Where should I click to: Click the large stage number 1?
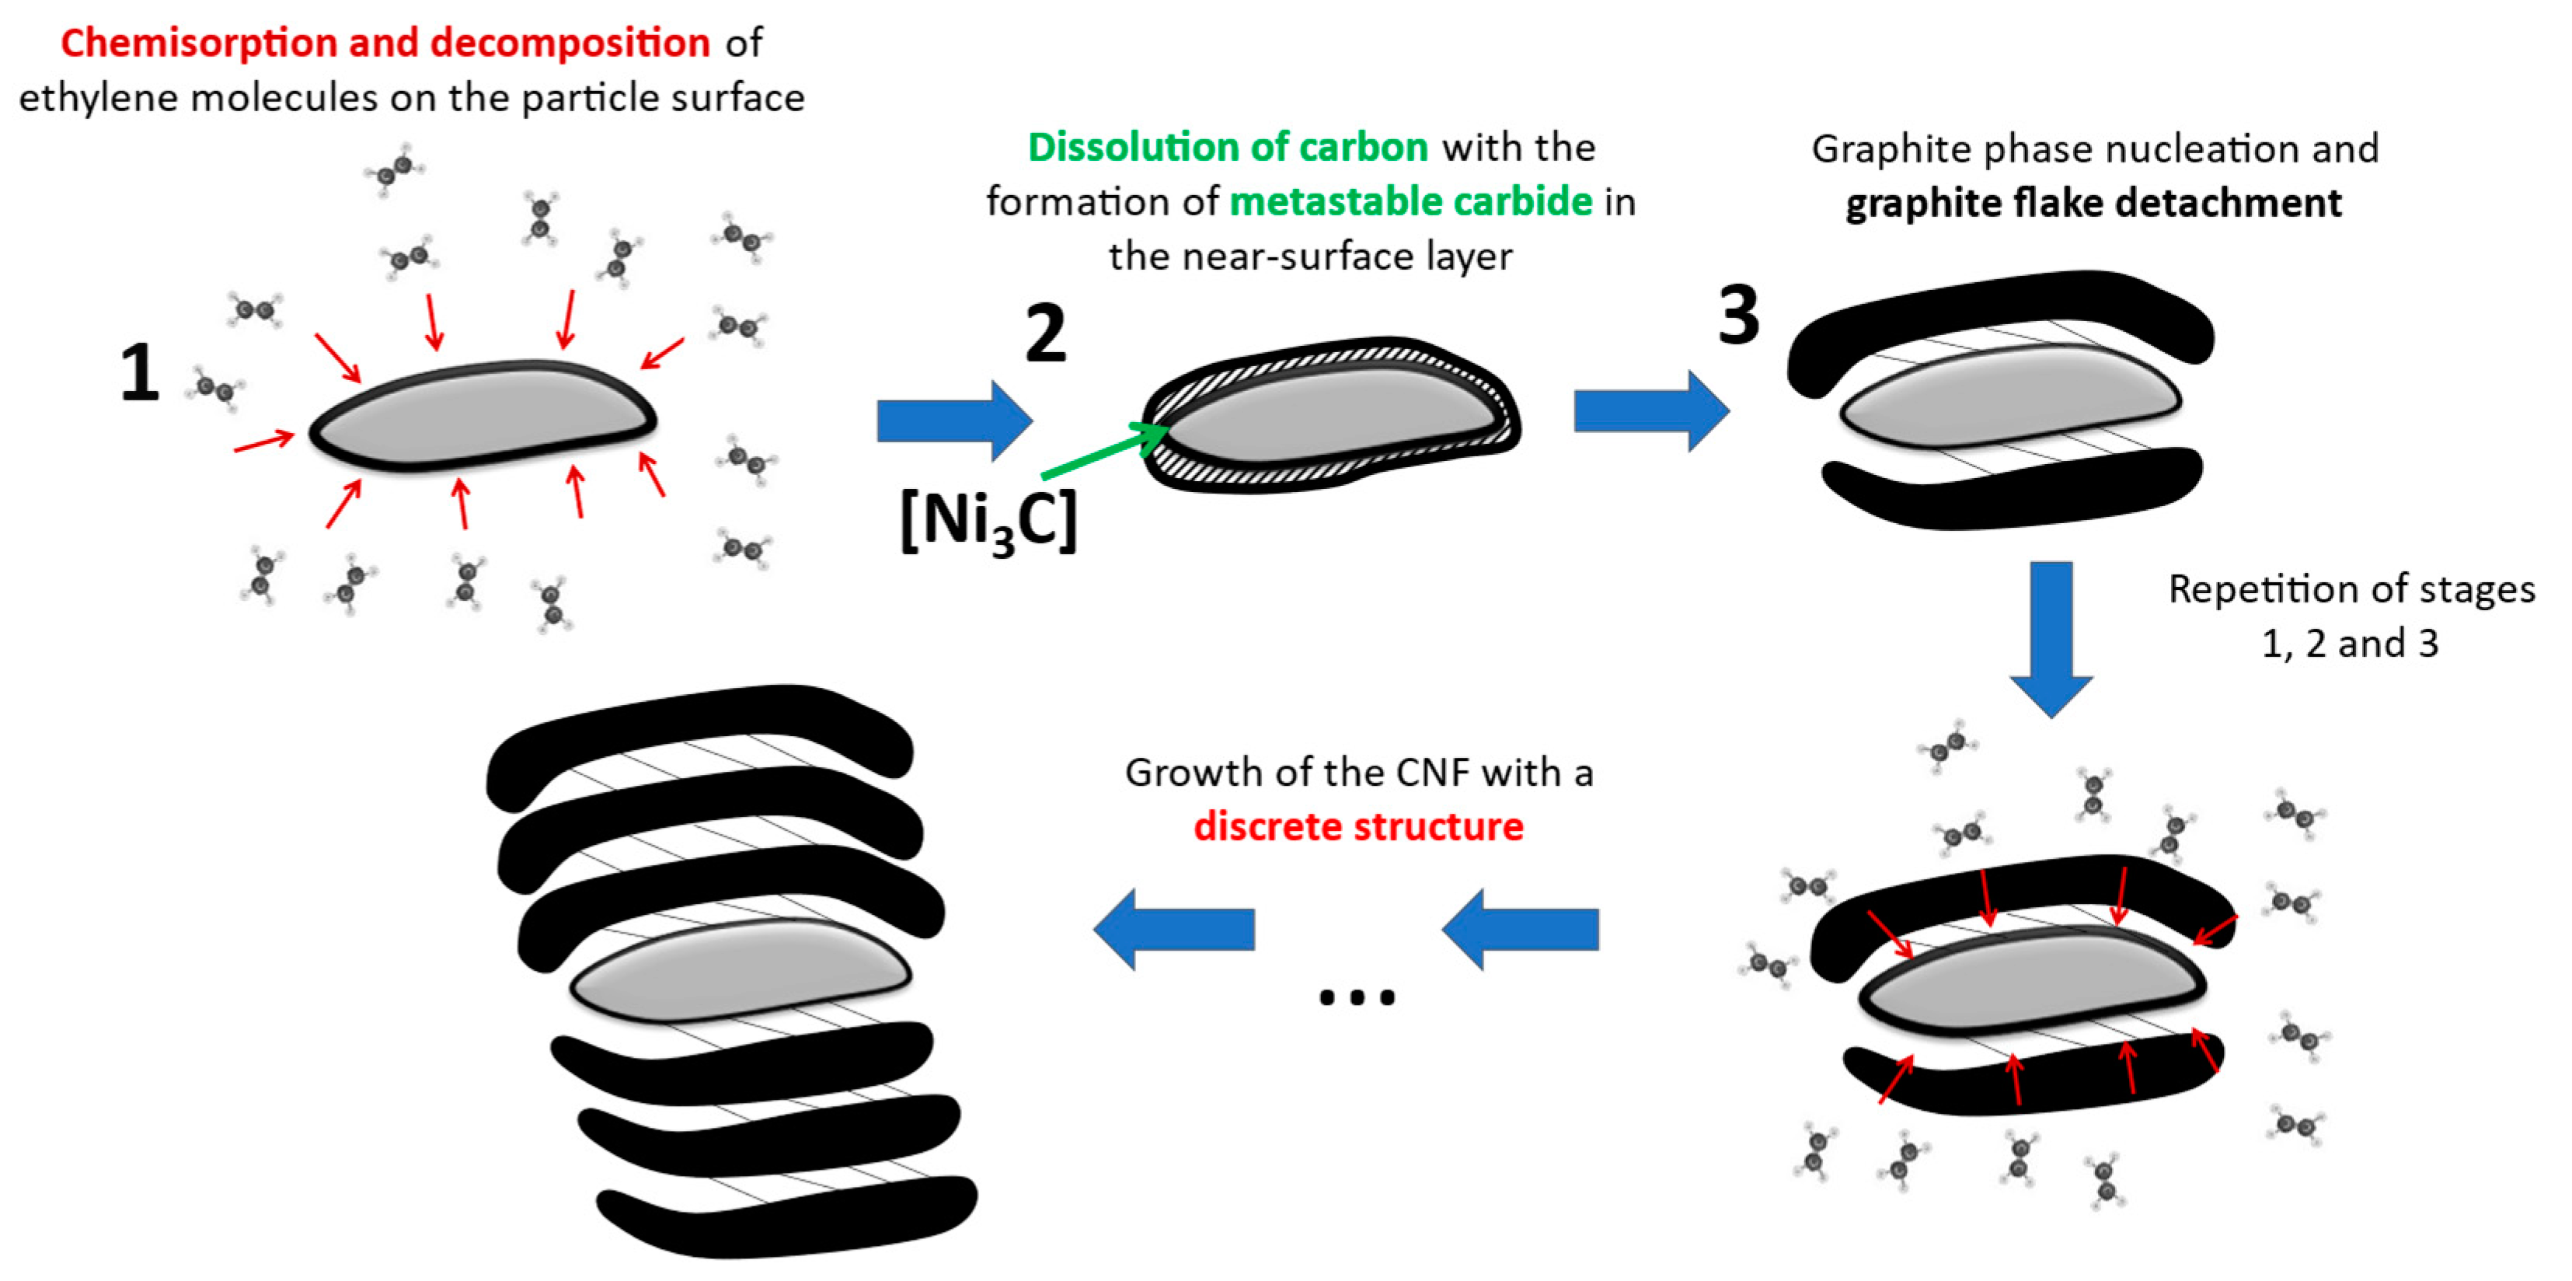(x=140, y=373)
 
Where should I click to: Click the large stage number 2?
(x=1045, y=334)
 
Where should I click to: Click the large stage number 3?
(x=1738, y=316)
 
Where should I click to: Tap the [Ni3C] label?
(x=988, y=520)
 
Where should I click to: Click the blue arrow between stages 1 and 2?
(x=953, y=421)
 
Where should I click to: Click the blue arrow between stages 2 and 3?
(x=1650, y=410)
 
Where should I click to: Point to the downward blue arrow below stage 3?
(x=2051, y=639)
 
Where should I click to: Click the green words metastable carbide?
(x=1410, y=201)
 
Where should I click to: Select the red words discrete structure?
(x=1358, y=827)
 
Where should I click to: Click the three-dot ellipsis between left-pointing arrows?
(x=1356, y=997)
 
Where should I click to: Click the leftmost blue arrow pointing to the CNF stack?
(x=1174, y=930)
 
